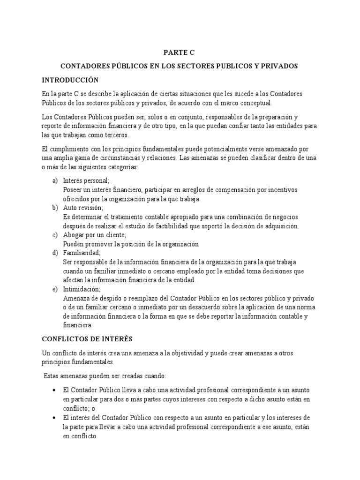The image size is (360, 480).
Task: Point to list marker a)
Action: click(x=55, y=180)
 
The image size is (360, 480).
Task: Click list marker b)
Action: click(x=55, y=208)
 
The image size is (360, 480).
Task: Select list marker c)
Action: click(x=55, y=235)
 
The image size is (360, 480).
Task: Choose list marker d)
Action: click(x=55, y=253)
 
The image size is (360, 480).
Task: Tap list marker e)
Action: click(x=55, y=289)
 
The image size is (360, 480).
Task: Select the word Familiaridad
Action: click(x=81, y=253)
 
